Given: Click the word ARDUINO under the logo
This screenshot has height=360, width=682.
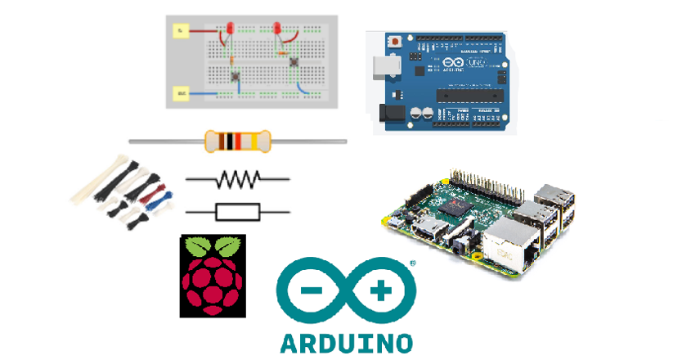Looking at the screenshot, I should point(346,341).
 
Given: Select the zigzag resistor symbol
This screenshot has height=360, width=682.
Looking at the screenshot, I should point(237,178).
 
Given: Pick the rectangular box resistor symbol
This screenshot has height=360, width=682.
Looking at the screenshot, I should point(237,213).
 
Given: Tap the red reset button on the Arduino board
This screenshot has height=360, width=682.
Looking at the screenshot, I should point(397,39).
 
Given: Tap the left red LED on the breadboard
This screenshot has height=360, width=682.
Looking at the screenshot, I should point(229,29).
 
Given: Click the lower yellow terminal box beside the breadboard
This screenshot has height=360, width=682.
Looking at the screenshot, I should point(179,95).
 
